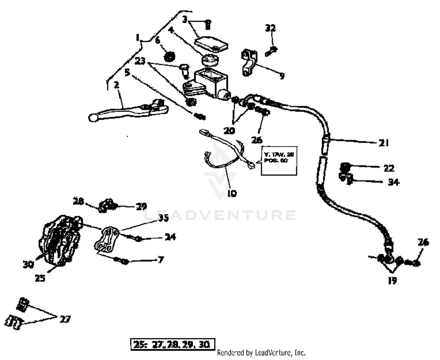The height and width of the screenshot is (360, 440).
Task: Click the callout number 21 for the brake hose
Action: click(x=383, y=143)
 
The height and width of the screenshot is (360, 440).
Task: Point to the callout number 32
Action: click(x=270, y=28)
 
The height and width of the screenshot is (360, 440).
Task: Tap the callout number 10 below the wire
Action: click(x=232, y=193)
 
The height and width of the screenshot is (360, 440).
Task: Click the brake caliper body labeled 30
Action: click(x=59, y=239)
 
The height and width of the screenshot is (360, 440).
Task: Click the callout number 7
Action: click(x=161, y=260)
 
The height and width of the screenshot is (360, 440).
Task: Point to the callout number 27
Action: click(x=65, y=319)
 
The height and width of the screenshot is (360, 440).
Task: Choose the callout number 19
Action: click(x=392, y=280)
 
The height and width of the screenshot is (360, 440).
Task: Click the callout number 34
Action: click(x=394, y=182)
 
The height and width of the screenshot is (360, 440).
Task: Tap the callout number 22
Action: click(x=389, y=168)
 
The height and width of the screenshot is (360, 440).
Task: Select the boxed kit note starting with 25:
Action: click(x=173, y=344)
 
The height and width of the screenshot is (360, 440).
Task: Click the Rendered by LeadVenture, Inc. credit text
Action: click(x=261, y=352)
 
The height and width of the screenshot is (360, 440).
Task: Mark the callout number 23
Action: click(x=140, y=61)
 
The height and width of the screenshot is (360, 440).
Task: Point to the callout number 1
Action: click(x=137, y=38)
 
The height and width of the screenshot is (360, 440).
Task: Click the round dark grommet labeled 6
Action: click(x=170, y=56)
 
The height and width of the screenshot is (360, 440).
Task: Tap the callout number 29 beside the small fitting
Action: click(x=141, y=207)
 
